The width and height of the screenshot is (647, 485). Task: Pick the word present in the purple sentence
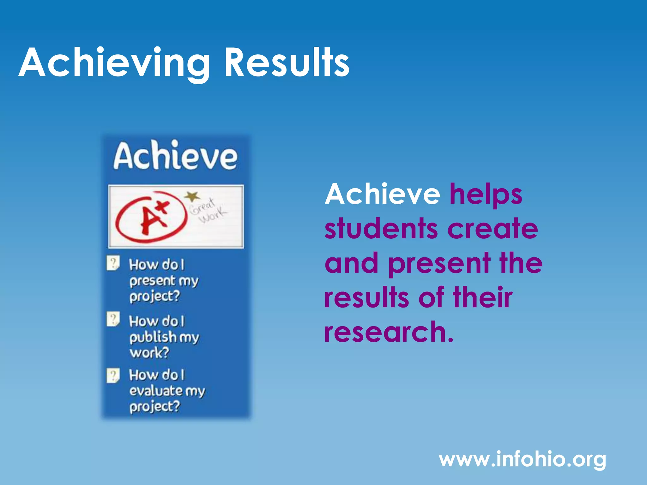[439, 265]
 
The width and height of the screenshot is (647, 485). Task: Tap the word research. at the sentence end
[389, 332]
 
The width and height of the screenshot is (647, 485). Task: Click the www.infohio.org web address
[523, 459]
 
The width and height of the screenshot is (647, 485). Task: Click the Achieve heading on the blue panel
[176, 156]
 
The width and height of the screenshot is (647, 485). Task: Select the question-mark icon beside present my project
[113, 263]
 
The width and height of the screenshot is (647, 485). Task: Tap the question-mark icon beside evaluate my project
[113, 375]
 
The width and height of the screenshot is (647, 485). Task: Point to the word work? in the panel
[149, 353]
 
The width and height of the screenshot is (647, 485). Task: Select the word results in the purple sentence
[366, 298]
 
